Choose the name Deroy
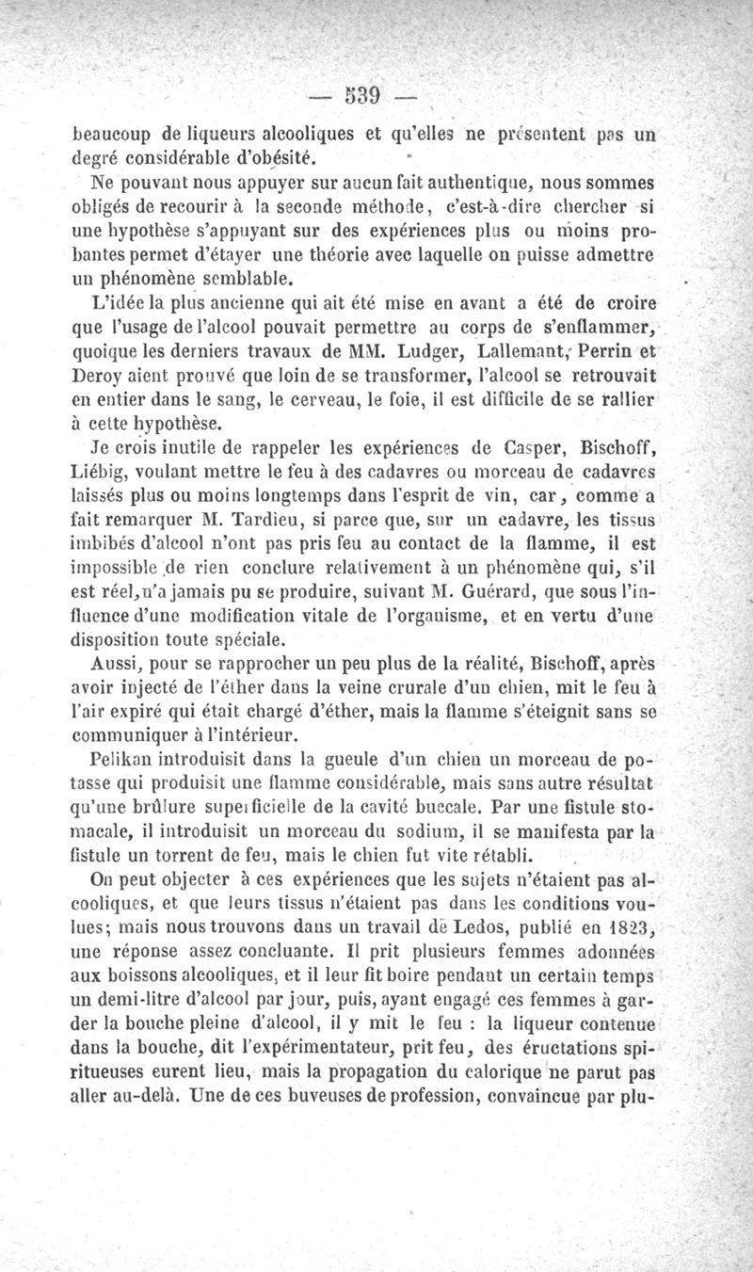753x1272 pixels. [97, 377]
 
